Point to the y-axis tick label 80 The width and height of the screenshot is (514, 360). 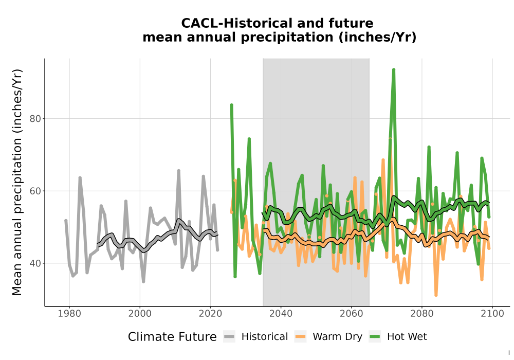tap(35, 119)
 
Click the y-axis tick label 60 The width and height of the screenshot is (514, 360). tap(35, 191)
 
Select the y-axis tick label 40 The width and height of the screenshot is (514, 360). tap(35, 263)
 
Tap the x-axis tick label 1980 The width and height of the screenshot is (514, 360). tap(69, 314)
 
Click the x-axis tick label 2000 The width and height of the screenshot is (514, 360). tap(140, 314)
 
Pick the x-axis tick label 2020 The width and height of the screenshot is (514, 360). tap(210, 314)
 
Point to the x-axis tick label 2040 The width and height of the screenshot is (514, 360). tap(281, 314)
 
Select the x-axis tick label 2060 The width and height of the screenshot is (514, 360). tap(352, 314)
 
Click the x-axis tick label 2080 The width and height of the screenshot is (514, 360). tap(422, 314)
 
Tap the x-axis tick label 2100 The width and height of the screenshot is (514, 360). tap(492, 314)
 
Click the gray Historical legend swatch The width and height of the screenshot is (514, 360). tap(229, 337)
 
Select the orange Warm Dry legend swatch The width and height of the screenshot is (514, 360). tap(300, 337)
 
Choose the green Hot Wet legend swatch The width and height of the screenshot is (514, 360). tap(375, 337)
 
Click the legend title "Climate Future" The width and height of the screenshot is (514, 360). tap(172, 337)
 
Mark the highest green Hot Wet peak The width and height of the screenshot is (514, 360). tap(394, 70)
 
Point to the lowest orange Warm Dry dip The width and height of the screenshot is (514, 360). tap(436, 295)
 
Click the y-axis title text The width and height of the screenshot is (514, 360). tap(17, 182)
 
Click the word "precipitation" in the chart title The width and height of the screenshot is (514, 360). tap(287, 38)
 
